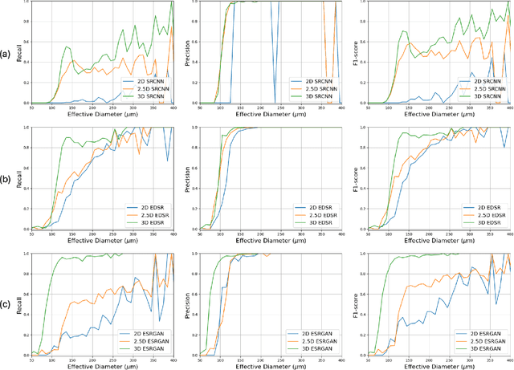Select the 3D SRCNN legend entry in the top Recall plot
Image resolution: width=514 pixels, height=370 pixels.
click(x=146, y=96)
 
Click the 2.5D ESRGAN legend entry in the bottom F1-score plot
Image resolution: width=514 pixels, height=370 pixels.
click(x=483, y=340)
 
